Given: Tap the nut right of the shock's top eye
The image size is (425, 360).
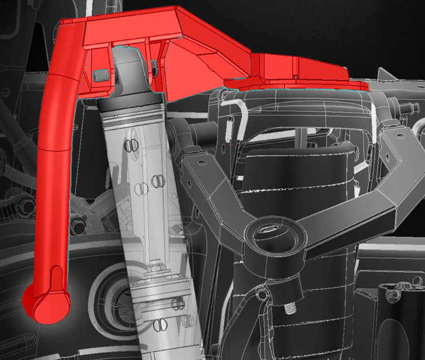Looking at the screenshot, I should click(154, 69).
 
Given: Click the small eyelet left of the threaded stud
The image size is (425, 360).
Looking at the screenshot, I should click(261, 294).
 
